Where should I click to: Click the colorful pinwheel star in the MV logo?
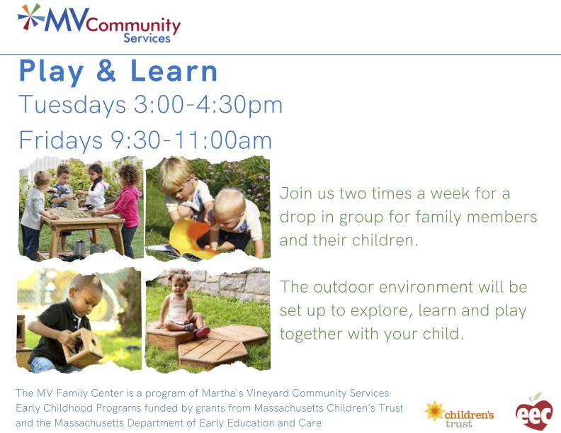pos(30,17)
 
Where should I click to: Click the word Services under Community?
pos(147,38)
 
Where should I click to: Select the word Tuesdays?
pos(72,105)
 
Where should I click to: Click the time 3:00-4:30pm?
pos(208,105)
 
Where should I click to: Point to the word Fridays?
pos(61,140)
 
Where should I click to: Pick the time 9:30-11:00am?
pos(191,140)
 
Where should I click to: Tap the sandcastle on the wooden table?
pos(73,204)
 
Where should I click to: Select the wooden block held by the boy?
pos(82,347)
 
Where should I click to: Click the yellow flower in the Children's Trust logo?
pos(434,411)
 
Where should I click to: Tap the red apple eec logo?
pos(534,412)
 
